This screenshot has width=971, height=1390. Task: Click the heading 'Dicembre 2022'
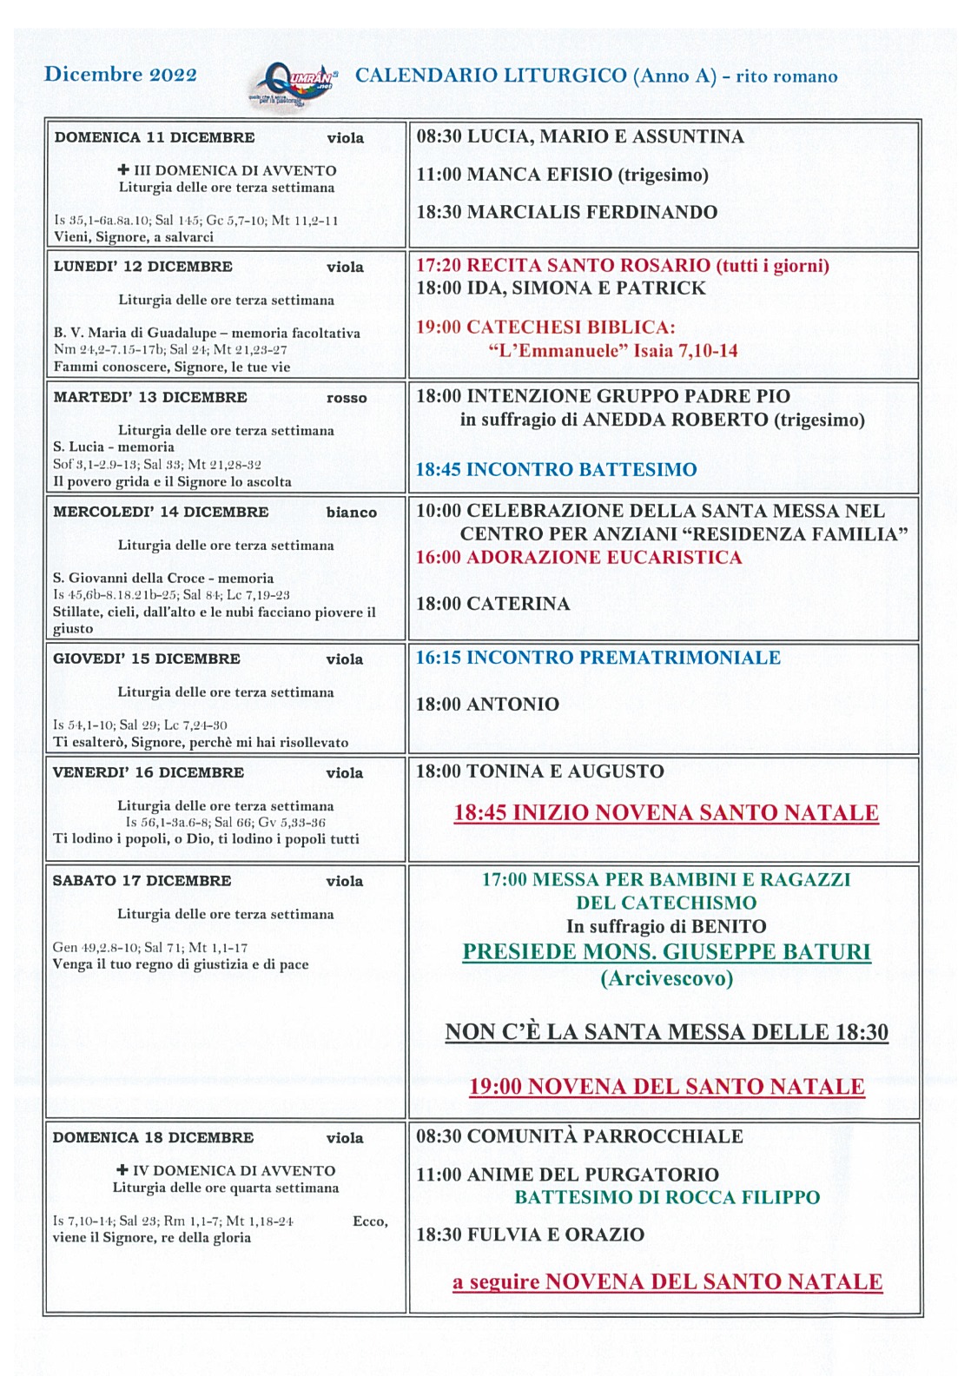pyautogui.click(x=121, y=75)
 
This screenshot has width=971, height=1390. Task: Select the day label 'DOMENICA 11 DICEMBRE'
pyautogui.click(x=155, y=137)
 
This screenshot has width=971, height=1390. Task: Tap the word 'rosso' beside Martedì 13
pyautogui.click(x=347, y=399)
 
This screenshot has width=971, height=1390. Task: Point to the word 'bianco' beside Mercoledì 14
pyautogui.click(x=352, y=513)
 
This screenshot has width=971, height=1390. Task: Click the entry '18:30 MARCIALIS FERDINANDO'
pyautogui.click(x=566, y=212)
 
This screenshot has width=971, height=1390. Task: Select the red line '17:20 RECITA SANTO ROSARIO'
pyautogui.click(x=622, y=266)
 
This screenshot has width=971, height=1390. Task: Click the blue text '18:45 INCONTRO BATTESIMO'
pyautogui.click(x=556, y=470)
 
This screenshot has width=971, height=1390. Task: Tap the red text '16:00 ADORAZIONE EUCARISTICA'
pyautogui.click(x=578, y=558)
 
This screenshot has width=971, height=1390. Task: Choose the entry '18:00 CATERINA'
pyautogui.click(x=492, y=604)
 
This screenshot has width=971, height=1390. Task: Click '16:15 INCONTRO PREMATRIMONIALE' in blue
pyautogui.click(x=598, y=658)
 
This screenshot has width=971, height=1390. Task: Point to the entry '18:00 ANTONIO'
pyautogui.click(x=487, y=705)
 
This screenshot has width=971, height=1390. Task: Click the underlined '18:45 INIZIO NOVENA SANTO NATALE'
pyautogui.click(x=666, y=813)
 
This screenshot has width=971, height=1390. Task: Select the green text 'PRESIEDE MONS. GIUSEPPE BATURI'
pyautogui.click(x=666, y=952)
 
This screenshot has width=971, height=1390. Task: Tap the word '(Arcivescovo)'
pyautogui.click(x=666, y=979)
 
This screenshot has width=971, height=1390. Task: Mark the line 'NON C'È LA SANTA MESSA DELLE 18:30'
pyautogui.click(x=666, y=1032)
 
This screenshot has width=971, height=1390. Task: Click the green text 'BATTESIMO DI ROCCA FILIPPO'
pyautogui.click(x=666, y=1197)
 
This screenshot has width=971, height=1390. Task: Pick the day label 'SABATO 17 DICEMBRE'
pyautogui.click(x=142, y=881)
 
